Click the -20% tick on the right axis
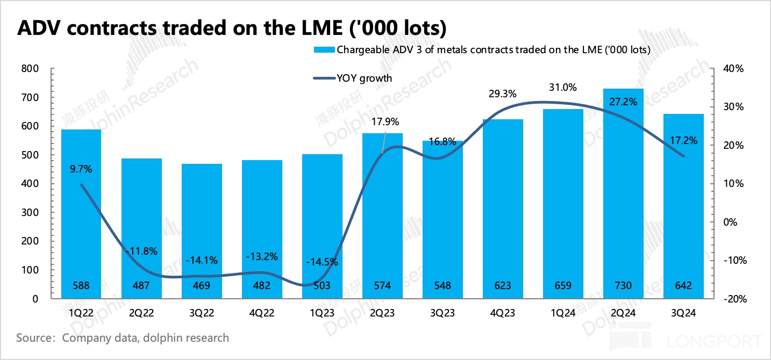(732, 299)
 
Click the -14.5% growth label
(322, 262)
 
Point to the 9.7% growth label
(81, 169)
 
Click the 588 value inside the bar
(81, 286)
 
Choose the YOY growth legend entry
(365, 78)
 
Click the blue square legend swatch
(324, 50)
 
